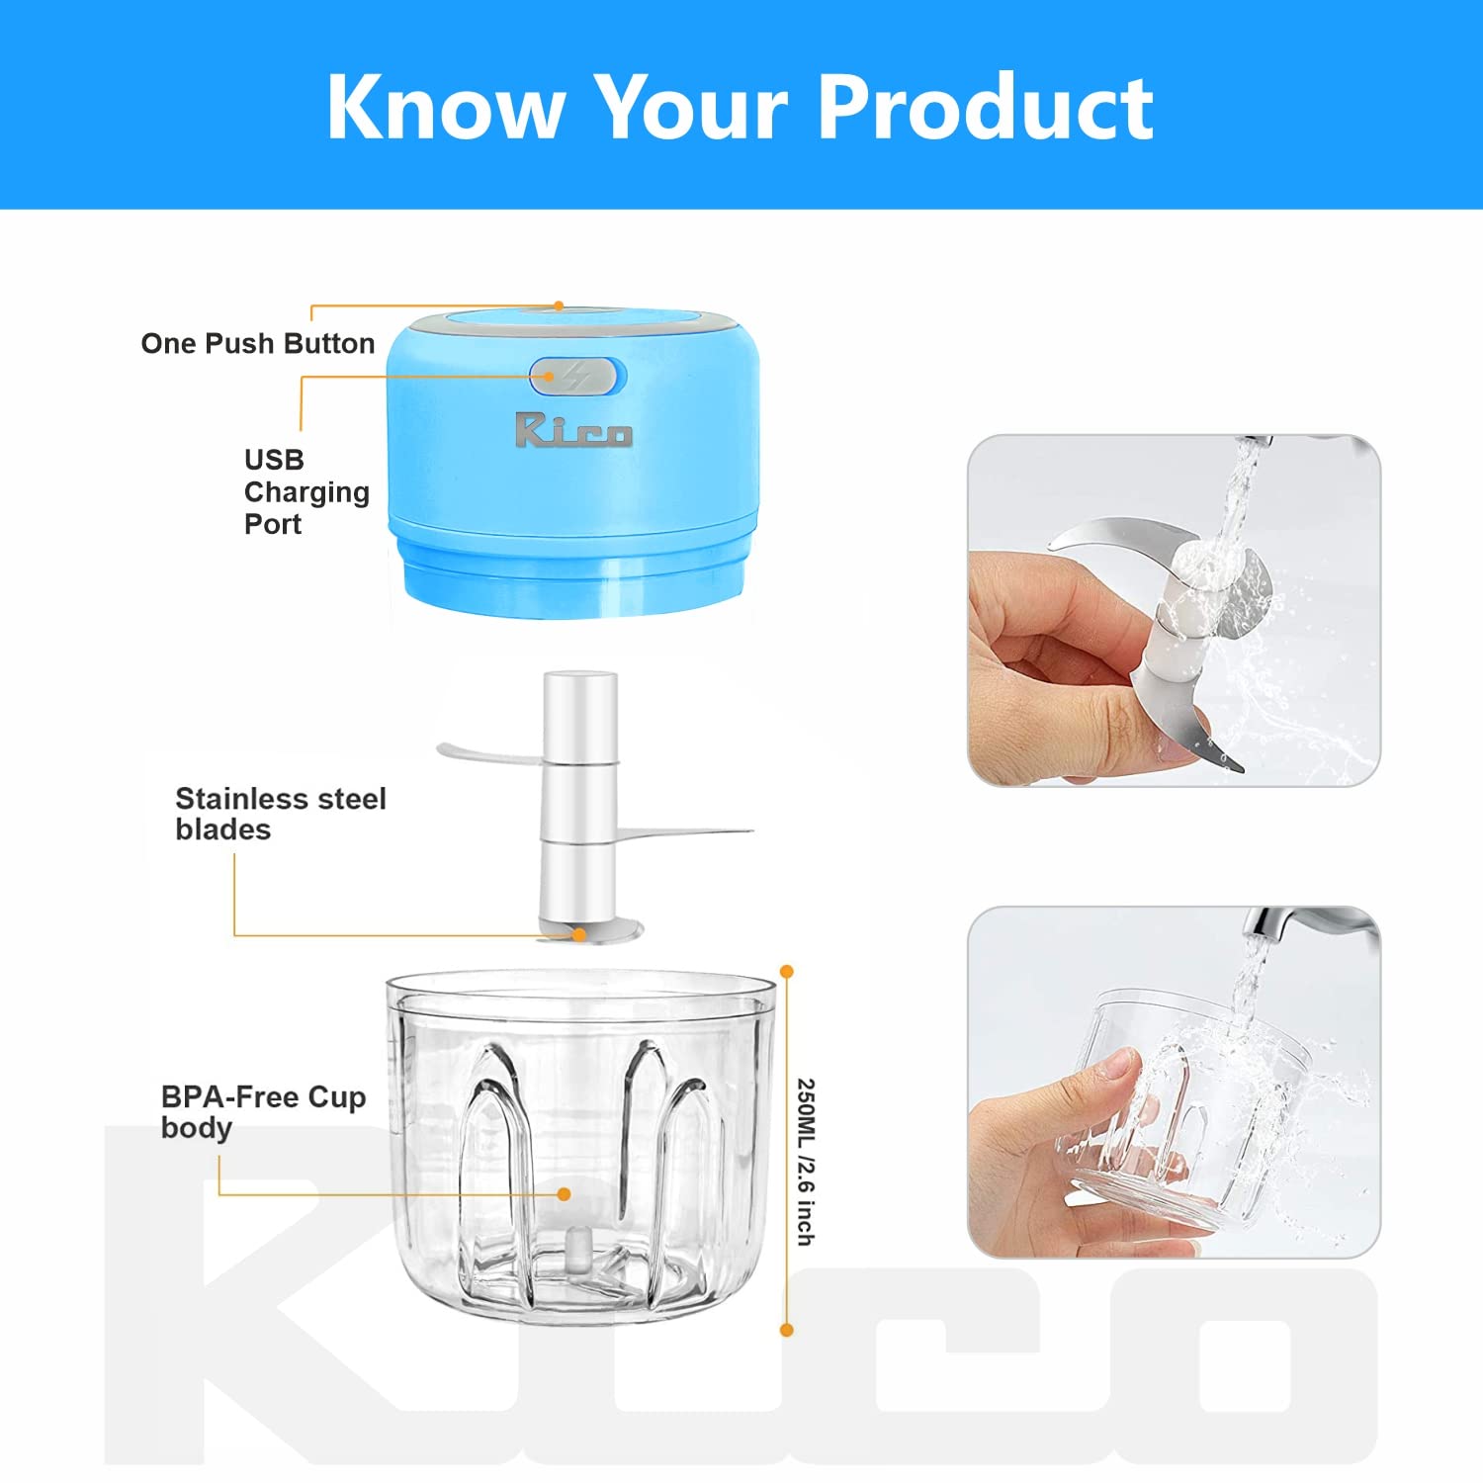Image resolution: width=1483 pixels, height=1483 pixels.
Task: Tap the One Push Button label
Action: tap(258, 343)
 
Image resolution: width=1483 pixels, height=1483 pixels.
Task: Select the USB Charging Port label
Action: tap(305, 491)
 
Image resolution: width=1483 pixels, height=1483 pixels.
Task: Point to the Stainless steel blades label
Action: tap(280, 813)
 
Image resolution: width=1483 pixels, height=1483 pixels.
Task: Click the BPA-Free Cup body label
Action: tap(263, 1111)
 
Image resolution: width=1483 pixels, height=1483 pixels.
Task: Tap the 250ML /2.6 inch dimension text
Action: tap(806, 1162)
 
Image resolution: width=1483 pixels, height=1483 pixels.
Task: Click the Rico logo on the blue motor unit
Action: tap(572, 430)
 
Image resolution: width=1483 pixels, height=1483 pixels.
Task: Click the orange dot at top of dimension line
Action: tap(787, 972)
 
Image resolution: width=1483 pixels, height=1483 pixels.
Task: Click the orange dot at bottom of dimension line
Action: tap(787, 1330)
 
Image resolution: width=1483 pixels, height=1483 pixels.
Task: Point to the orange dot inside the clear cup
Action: tap(564, 1194)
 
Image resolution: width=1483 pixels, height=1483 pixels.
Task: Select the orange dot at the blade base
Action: tap(579, 934)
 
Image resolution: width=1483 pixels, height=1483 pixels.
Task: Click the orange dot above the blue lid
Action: tap(559, 305)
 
